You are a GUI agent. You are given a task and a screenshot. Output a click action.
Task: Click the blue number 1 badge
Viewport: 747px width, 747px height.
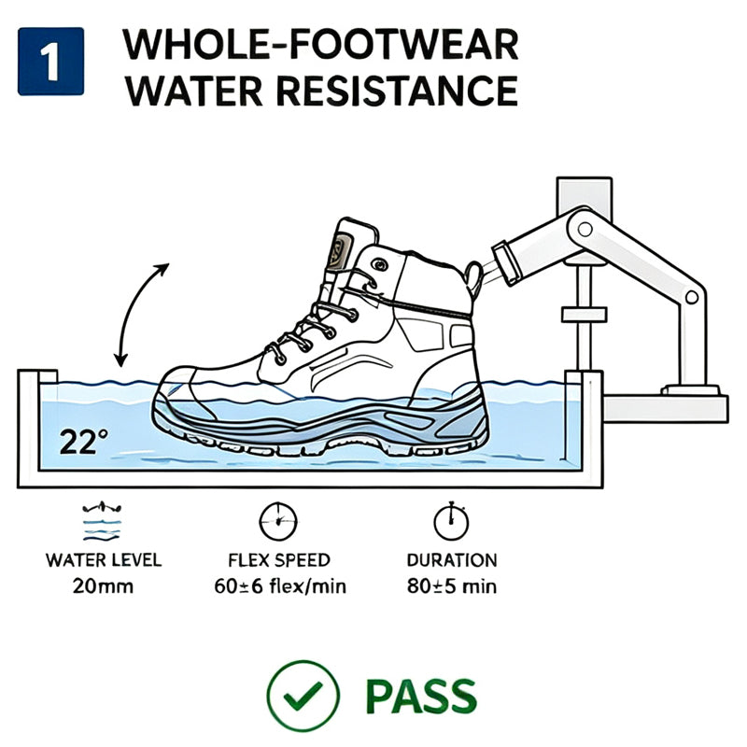pyautogui.click(x=51, y=62)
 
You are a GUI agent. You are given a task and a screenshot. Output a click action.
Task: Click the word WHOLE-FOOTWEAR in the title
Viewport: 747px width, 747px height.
pyautogui.click(x=320, y=45)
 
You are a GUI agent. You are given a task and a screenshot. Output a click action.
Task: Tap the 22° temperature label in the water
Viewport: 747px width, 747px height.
pyautogui.click(x=84, y=442)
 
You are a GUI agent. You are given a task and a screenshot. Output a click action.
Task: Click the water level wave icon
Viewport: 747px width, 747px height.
pyautogui.click(x=102, y=521)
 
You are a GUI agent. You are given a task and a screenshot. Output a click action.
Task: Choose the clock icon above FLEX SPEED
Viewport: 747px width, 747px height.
pyautogui.click(x=278, y=521)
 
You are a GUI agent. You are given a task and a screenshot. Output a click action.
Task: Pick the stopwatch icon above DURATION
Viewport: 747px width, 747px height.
pyautogui.click(x=451, y=521)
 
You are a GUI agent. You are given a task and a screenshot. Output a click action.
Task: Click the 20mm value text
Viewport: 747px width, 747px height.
pyautogui.click(x=103, y=586)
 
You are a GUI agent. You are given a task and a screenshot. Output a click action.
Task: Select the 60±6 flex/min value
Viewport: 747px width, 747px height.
pyautogui.click(x=280, y=586)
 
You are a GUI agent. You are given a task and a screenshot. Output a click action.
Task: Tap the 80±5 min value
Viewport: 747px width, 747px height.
pyautogui.click(x=452, y=586)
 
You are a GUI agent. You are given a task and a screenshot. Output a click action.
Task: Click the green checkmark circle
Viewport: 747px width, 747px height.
pyautogui.click(x=303, y=696)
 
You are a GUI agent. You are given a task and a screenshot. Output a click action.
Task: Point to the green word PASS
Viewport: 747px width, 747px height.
pyautogui.click(x=421, y=697)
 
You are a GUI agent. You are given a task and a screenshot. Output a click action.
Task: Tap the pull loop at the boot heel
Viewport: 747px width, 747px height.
pyautogui.click(x=474, y=277)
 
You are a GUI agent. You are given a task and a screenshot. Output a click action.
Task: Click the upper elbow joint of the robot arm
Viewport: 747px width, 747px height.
pyautogui.click(x=585, y=230)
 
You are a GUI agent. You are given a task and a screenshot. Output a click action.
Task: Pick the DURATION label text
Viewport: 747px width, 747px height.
pyautogui.click(x=452, y=560)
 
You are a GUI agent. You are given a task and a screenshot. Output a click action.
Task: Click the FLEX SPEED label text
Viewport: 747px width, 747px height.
pyautogui.click(x=279, y=560)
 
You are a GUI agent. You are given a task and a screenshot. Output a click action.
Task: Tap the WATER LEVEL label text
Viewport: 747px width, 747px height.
pyautogui.click(x=104, y=560)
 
